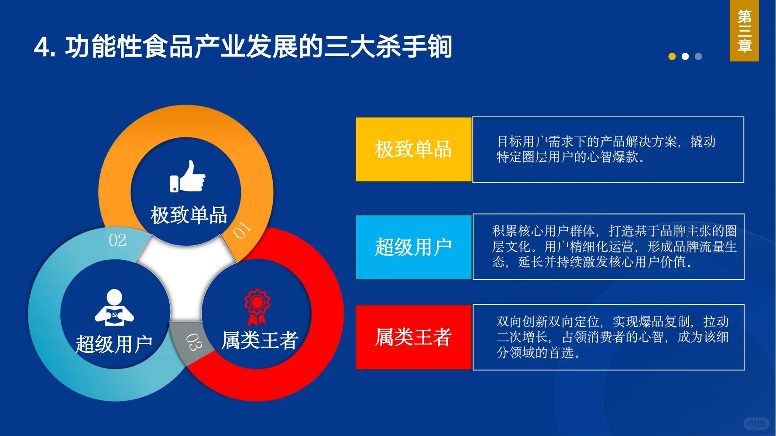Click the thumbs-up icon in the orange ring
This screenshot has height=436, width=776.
coord(188,177)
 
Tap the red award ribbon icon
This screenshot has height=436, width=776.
coord(257,307)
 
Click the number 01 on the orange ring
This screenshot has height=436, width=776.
coord(242,230)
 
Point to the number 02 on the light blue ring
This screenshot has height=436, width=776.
coord(117,240)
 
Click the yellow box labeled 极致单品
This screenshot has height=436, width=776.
coord(413,149)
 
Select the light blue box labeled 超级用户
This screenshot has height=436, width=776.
coord(413,247)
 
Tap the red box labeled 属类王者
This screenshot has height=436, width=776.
coord(413,337)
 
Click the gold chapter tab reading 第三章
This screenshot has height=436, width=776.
coord(744,31)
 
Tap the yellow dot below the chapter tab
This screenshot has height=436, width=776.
coord(672,56)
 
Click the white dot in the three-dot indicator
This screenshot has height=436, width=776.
coord(685,56)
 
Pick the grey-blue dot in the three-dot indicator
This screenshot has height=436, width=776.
coord(698,56)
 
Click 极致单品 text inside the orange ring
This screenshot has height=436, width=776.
coord(189,215)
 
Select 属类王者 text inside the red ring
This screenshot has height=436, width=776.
coord(260,341)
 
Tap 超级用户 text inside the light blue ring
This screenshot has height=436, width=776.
coord(114,344)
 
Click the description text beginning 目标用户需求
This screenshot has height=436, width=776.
coord(606,149)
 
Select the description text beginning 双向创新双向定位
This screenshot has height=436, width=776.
coord(612,337)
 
